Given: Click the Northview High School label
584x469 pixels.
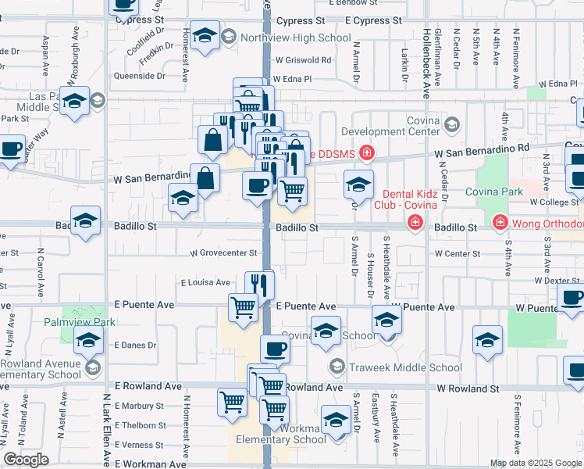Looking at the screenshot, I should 296,37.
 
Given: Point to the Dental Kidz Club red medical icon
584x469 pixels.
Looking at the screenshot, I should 415,224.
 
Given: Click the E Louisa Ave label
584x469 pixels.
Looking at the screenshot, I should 205,282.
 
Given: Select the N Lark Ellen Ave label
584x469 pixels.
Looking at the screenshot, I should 106,430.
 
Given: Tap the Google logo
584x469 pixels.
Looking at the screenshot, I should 26,459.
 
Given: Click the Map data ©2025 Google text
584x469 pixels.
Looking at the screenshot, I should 536,463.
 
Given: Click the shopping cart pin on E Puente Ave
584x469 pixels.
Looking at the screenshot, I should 243,306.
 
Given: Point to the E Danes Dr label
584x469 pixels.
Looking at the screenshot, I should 136,345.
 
